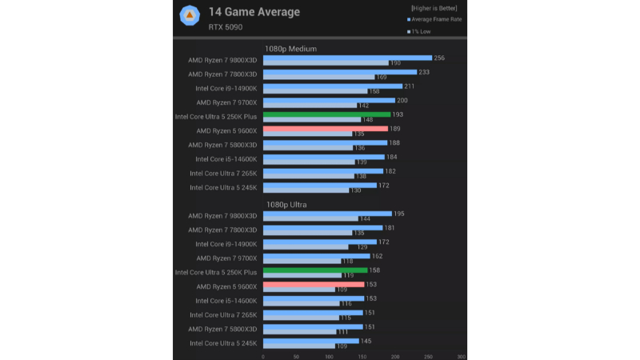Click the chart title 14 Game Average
254,12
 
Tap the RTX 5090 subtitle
226,27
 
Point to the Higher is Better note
435,7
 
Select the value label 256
438,58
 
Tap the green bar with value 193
326,114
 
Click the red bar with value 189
325,128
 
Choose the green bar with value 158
315,270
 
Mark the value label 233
423,72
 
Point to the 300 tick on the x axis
462,356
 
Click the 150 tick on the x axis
362,356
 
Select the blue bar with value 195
327,214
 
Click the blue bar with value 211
332,86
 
